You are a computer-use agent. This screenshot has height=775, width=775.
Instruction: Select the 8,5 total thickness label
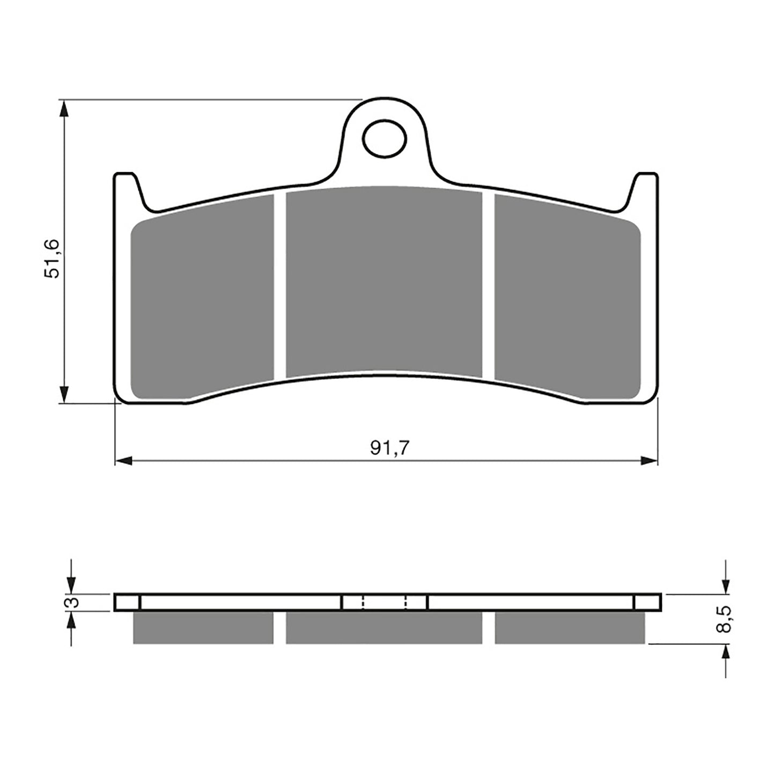pos(725,619)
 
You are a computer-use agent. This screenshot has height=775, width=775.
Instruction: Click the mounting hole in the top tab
pos(384,138)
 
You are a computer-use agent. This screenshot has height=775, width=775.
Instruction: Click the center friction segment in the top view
pos(383,282)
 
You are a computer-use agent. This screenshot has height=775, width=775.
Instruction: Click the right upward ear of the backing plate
pos(645,188)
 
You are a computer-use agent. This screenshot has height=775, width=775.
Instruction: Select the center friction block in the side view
pos(383,628)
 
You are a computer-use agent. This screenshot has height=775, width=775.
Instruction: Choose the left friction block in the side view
pos(203,628)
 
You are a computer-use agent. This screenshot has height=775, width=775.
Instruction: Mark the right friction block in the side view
pos(570,628)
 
